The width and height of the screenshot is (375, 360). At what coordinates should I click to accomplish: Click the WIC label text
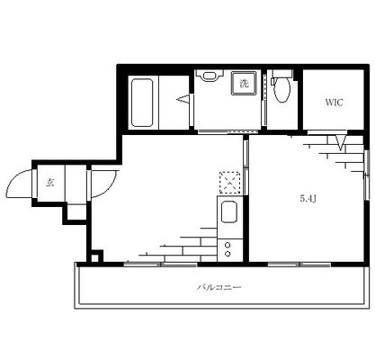pyautogui.click(x=335, y=103)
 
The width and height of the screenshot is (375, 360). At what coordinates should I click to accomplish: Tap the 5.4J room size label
pyautogui.click(x=308, y=198)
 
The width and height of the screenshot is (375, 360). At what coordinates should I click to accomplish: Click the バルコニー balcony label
pyautogui.click(x=219, y=287)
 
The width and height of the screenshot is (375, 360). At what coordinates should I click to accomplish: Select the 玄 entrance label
pyautogui.click(x=50, y=183)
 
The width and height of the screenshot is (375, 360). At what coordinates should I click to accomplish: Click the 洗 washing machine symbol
pyautogui.click(x=244, y=84)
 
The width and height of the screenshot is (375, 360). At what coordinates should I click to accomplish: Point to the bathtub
pyautogui.click(x=142, y=103)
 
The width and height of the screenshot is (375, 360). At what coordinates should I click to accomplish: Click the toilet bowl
pyautogui.click(x=282, y=89)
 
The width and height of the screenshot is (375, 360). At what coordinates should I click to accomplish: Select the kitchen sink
pyautogui.click(x=229, y=212)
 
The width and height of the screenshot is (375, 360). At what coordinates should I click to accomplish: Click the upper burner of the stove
pyautogui.click(x=228, y=245)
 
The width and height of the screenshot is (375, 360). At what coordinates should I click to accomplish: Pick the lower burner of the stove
pyautogui.click(x=228, y=254)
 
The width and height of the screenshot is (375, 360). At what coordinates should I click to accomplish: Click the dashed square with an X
pyautogui.click(x=230, y=183)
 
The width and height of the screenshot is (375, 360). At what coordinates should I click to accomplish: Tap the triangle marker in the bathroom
pyautogui.click(x=183, y=99)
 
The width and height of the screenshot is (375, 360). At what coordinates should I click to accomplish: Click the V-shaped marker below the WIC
pyautogui.click(x=341, y=142)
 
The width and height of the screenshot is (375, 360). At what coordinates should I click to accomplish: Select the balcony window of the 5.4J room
pyautogui.click(x=299, y=265)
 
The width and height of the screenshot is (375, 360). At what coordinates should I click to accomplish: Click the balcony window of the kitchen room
pyautogui.click(x=161, y=265)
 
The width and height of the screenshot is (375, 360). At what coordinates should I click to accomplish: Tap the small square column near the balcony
pyautogui.click(x=94, y=257)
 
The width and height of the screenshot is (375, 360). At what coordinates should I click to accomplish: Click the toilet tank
pyautogui.click(x=281, y=73)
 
